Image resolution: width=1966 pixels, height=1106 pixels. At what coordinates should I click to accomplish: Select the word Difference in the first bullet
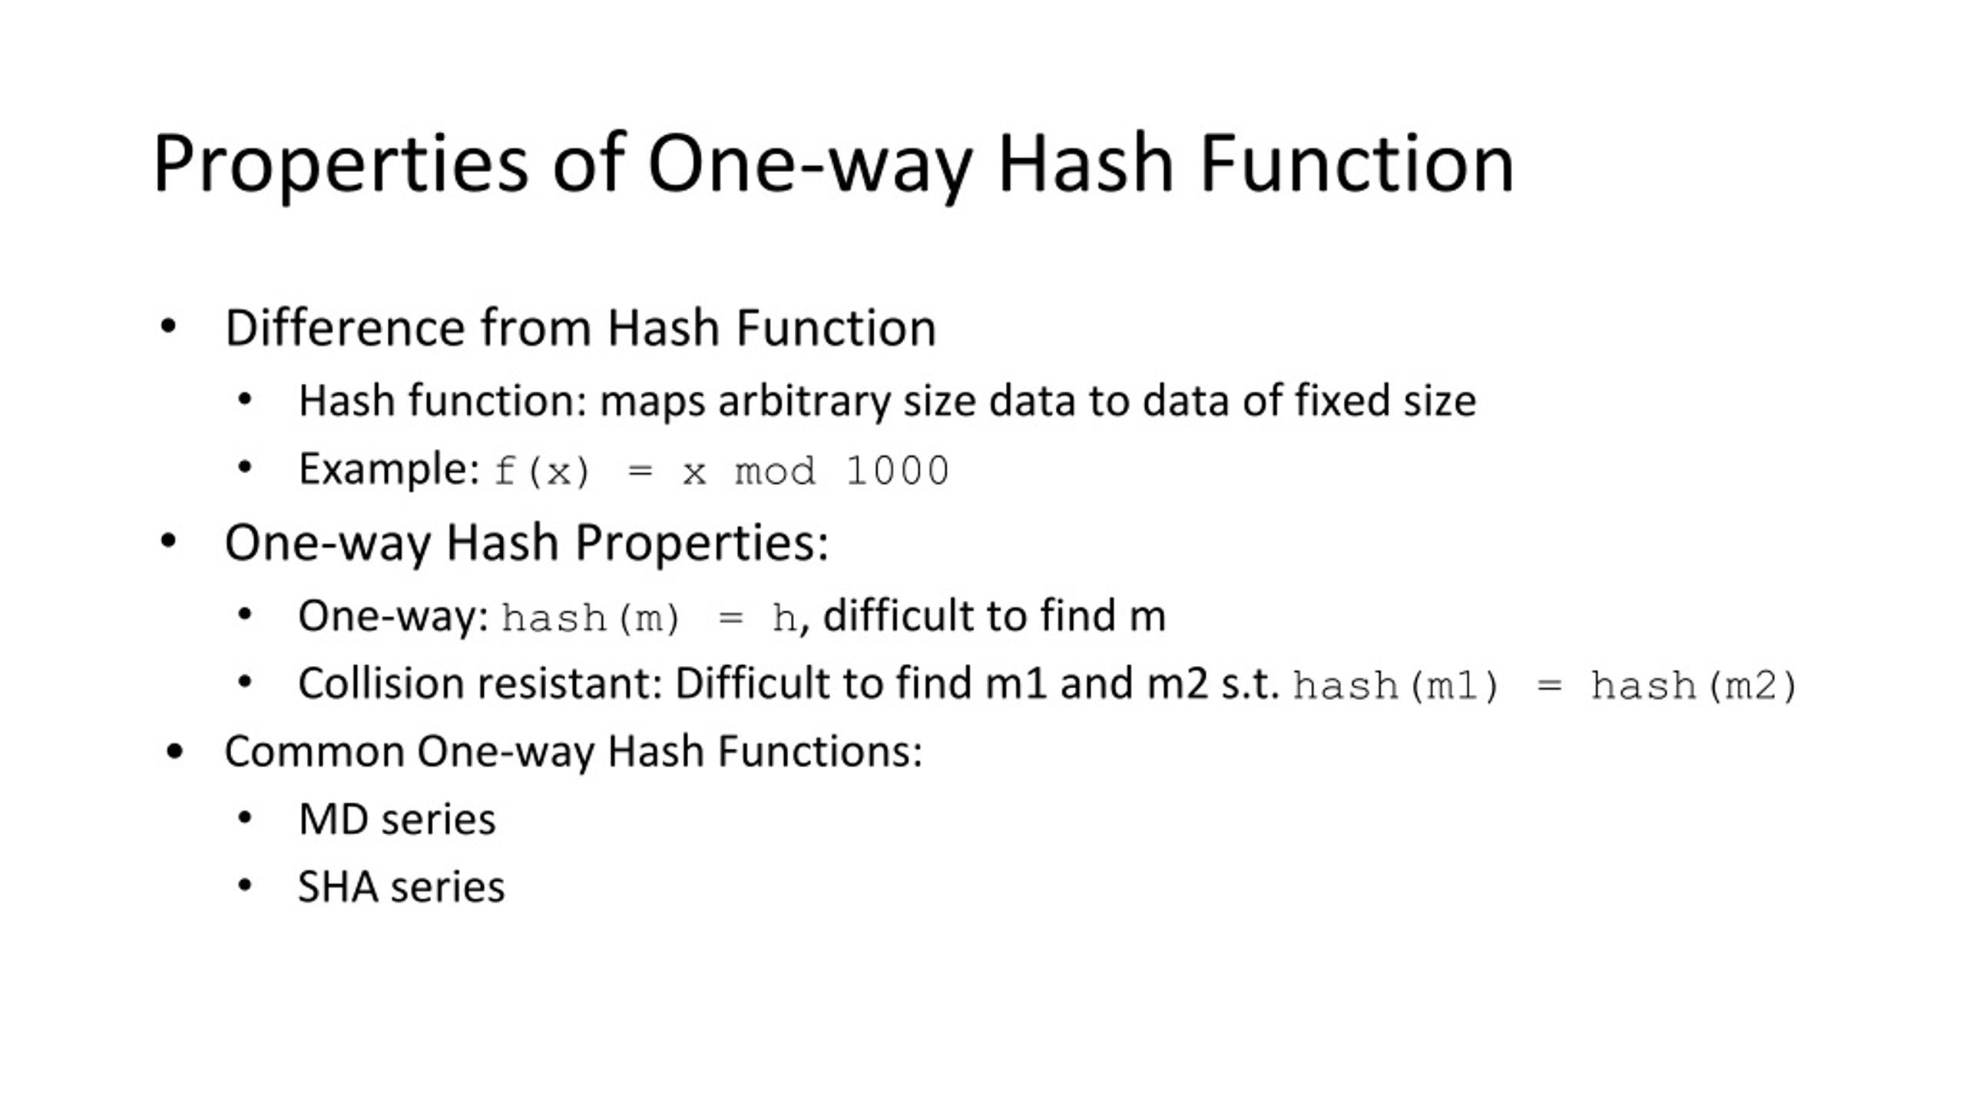tap(345, 328)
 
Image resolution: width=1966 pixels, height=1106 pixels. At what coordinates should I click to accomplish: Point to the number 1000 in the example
tap(897, 471)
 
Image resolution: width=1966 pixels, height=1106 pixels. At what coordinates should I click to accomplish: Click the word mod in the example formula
tap(775, 472)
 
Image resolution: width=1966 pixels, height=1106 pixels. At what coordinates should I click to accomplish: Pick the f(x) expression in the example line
tap(542, 472)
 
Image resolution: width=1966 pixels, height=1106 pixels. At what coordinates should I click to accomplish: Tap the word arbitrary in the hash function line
tap(803, 402)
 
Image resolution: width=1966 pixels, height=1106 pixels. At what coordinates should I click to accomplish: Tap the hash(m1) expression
tap(1395, 686)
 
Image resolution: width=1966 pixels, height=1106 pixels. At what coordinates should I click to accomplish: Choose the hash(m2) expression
tap(1693, 686)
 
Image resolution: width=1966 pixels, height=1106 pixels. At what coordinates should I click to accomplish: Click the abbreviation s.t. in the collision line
tap(1250, 684)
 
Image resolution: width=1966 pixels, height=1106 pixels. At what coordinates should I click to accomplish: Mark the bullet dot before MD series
tap(245, 819)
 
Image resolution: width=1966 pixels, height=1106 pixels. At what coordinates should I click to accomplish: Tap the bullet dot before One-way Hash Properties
tap(168, 541)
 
